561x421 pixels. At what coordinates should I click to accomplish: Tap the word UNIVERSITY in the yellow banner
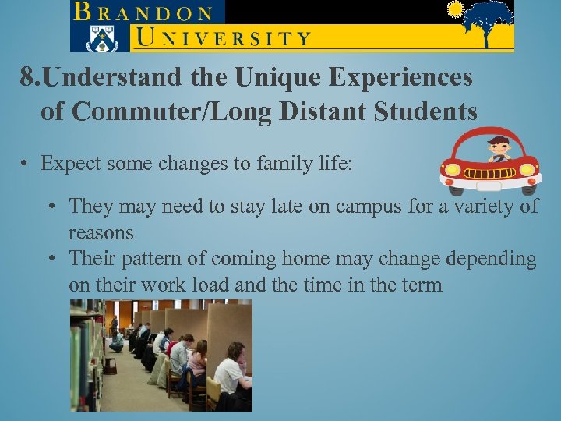tap(222, 37)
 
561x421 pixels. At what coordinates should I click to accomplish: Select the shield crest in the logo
tap(100, 37)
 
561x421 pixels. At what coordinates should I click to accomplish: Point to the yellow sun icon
tap(456, 9)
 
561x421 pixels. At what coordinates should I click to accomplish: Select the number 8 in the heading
tap(27, 78)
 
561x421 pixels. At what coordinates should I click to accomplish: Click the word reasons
tap(101, 232)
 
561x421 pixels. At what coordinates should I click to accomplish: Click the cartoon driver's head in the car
tap(497, 146)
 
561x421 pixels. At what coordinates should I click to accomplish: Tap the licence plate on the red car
tap(489, 186)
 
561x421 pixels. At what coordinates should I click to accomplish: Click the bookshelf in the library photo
tap(82, 351)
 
